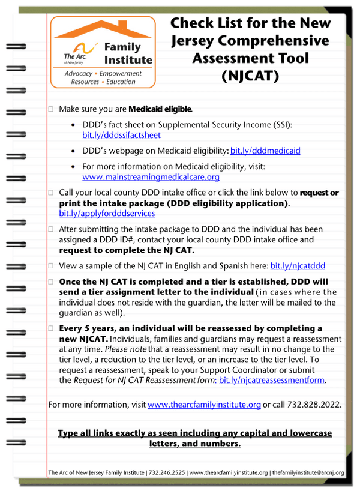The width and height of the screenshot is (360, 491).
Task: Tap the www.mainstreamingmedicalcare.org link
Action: coord(151,177)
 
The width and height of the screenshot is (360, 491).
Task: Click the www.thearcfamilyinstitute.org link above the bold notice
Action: coord(204,405)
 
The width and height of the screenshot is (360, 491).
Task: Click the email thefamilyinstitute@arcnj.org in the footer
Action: coord(308,473)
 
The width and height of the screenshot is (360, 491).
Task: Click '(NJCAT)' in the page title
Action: coord(250,76)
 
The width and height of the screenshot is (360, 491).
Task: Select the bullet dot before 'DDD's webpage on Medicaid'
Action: coord(73,151)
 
